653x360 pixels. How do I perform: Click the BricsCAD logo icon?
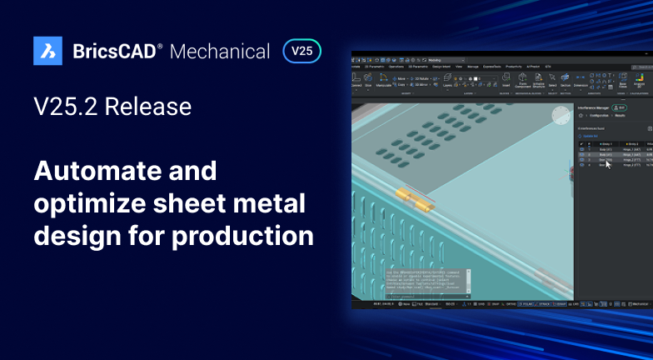coord(47,51)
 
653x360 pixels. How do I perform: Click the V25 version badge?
coord(302,51)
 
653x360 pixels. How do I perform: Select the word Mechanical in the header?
coord(220,52)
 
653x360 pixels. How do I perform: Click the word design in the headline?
coord(82,236)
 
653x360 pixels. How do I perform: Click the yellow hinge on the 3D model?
coord(414,200)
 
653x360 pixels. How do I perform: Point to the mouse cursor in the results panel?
coord(608,163)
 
